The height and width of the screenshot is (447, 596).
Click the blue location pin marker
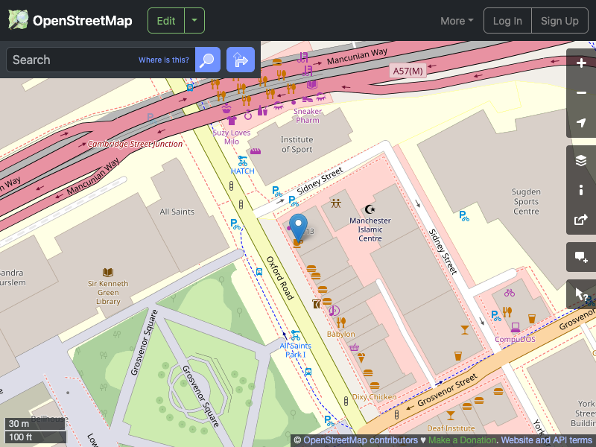pyautogui.click(x=298, y=226)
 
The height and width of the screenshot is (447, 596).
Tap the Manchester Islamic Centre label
pyautogui.click(x=370, y=229)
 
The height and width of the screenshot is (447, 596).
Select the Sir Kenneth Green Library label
pyautogui.click(x=108, y=292)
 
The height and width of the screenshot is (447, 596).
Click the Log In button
pyautogui.click(x=507, y=21)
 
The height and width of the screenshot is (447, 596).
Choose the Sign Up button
pyautogui.click(x=559, y=21)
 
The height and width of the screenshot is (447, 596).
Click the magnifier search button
pyautogui.click(x=208, y=60)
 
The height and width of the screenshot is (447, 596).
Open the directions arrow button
pyautogui.click(x=241, y=60)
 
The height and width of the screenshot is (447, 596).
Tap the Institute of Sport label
pyautogui.click(x=297, y=145)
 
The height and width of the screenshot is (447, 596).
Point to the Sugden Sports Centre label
pyautogui.click(x=526, y=201)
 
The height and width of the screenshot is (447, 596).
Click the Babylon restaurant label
pyautogui.click(x=341, y=334)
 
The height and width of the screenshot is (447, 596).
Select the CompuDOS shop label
pyautogui.click(x=516, y=339)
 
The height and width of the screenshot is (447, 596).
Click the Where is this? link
pyautogui.click(x=164, y=60)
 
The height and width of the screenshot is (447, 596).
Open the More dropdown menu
pyautogui.click(x=457, y=21)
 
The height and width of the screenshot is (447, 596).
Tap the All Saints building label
pyautogui.click(x=177, y=212)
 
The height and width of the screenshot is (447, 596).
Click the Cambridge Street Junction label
pyautogui.click(x=135, y=144)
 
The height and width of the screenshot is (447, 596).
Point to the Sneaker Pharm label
pyautogui.click(x=308, y=116)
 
